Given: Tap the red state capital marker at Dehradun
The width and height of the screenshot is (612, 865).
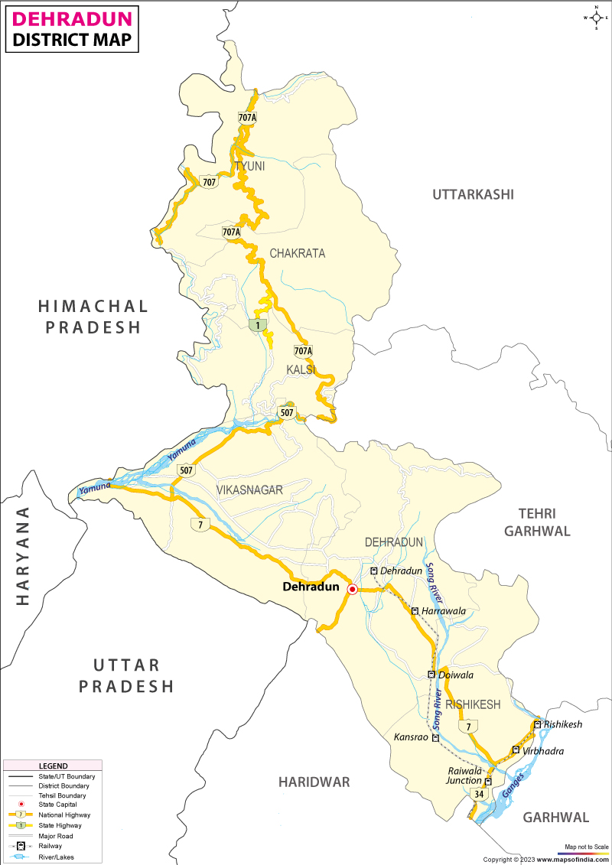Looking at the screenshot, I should [x=352, y=589].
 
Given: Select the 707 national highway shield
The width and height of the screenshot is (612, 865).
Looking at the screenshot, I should [x=209, y=182].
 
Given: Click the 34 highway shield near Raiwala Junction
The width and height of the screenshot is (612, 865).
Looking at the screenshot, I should [x=479, y=795].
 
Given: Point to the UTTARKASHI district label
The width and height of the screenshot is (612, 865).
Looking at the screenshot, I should [x=473, y=194].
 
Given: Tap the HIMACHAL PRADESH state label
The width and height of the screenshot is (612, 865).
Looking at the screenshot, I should [x=93, y=317].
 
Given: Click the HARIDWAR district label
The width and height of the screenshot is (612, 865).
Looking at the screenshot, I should [x=314, y=782].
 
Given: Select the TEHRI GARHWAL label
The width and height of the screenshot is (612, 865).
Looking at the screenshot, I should [x=537, y=522].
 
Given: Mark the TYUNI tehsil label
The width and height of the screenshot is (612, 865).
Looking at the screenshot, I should [x=249, y=166].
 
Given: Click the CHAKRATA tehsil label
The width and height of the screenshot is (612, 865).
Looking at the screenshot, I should [x=297, y=253].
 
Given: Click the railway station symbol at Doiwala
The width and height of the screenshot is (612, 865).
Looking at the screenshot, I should [x=431, y=675].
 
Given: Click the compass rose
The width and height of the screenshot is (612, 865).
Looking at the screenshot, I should [x=595, y=17].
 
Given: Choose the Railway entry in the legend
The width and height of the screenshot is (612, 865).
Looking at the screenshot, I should [x=48, y=846].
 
